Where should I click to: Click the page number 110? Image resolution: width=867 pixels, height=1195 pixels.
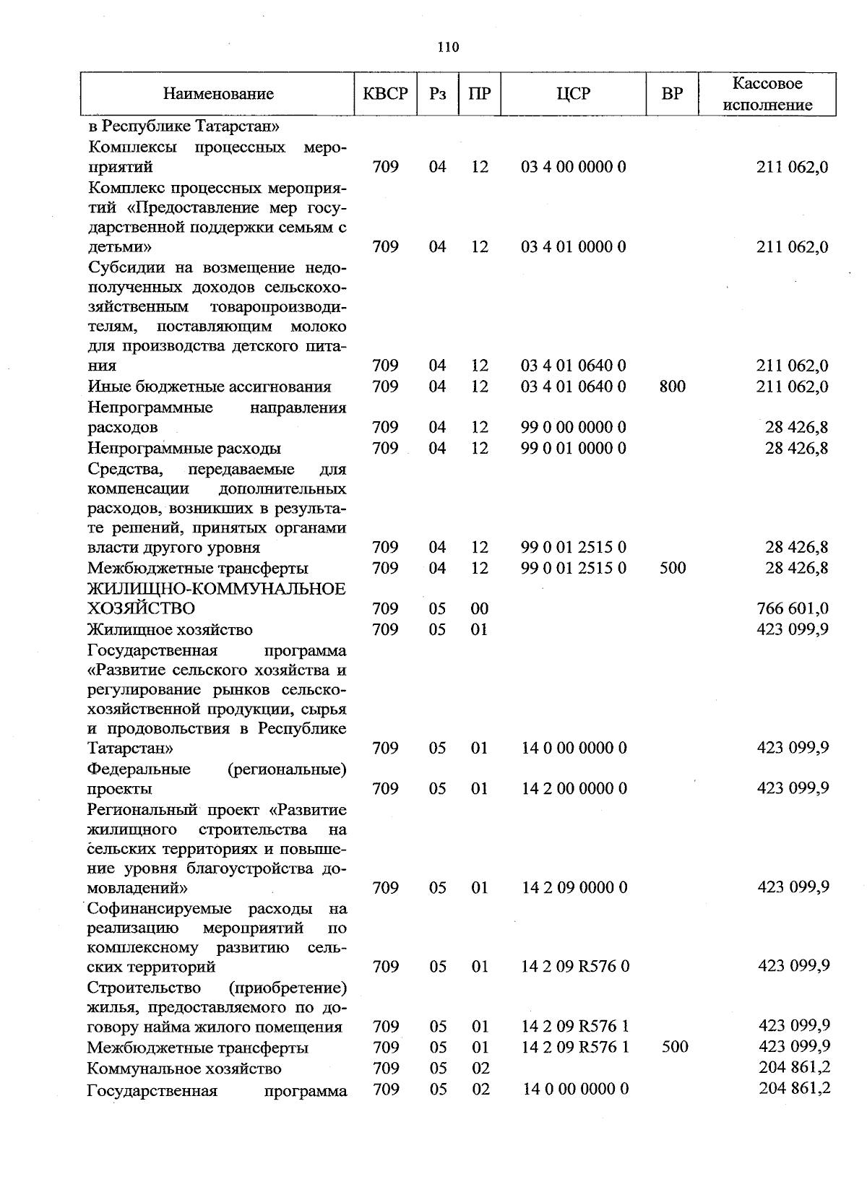pyautogui.click(x=448, y=48)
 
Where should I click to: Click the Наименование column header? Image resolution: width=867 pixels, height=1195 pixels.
pyautogui.click(x=218, y=94)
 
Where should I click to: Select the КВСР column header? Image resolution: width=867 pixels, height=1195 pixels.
pyautogui.click(x=385, y=94)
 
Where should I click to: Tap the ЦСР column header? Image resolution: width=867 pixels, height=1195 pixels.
pyautogui.click(x=574, y=94)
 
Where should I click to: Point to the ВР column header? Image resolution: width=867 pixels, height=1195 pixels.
pyautogui.click(x=672, y=94)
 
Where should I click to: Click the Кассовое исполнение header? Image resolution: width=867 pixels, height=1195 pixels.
pyautogui.click(x=767, y=94)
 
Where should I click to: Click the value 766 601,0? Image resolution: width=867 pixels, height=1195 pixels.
pyautogui.click(x=793, y=608)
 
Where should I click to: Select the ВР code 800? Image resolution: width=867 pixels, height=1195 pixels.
pyautogui.click(x=673, y=387)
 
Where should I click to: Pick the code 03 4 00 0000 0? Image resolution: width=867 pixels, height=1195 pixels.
pyautogui.click(x=574, y=167)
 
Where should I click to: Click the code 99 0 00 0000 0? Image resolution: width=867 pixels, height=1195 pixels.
pyautogui.click(x=574, y=427)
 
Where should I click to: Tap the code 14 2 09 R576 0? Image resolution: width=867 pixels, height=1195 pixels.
pyautogui.click(x=575, y=966)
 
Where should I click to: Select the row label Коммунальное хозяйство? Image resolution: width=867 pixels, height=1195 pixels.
pyautogui.click(x=184, y=1068)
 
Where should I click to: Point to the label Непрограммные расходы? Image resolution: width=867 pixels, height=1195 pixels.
pyautogui.click(x=184, y=448)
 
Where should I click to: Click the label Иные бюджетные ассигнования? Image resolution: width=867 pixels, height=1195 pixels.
pyautogui.click(x=210, y=387)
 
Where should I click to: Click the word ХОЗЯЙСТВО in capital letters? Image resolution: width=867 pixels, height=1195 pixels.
pyautogui.click(x=141, y=608)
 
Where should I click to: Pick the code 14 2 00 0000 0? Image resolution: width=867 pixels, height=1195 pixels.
pyautogui.click(x=574, y=788)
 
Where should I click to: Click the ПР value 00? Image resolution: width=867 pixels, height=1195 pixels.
pyautogui.click(x=480, y=608)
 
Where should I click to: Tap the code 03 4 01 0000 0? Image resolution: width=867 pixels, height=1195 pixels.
pyautogui.click(x=574, y=247)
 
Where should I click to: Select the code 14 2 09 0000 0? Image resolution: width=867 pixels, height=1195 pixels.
pyautogui.click(x=574, y=887)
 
